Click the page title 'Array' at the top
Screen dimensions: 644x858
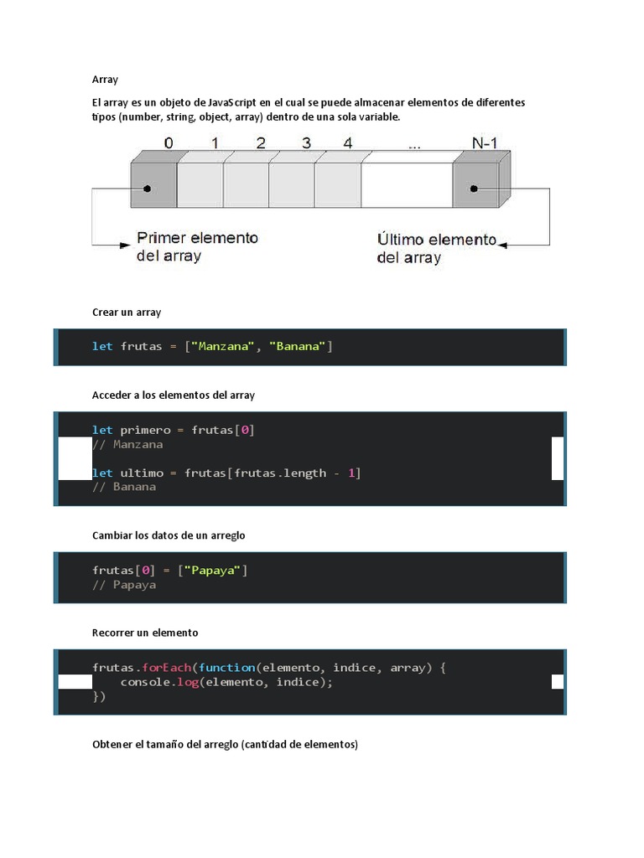(105, 80)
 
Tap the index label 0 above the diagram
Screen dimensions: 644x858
(169, 143)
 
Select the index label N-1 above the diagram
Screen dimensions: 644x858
(485, 143)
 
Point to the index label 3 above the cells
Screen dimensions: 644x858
(306, 143)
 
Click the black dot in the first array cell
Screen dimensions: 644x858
(148, 189)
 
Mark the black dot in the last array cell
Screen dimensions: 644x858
(475, 189)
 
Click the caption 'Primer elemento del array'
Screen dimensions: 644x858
(197, 246)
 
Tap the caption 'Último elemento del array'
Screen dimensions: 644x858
(437, 248)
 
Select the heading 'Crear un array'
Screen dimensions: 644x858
(127, 312)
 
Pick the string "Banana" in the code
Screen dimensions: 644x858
(297, 346)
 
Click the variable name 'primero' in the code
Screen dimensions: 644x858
(144, 430)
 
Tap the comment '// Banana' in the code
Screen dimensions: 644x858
(124, 486)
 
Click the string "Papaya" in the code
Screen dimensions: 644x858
(215, 571)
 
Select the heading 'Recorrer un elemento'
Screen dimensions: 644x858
(145, 633)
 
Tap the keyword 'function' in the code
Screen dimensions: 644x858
(226, 668)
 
